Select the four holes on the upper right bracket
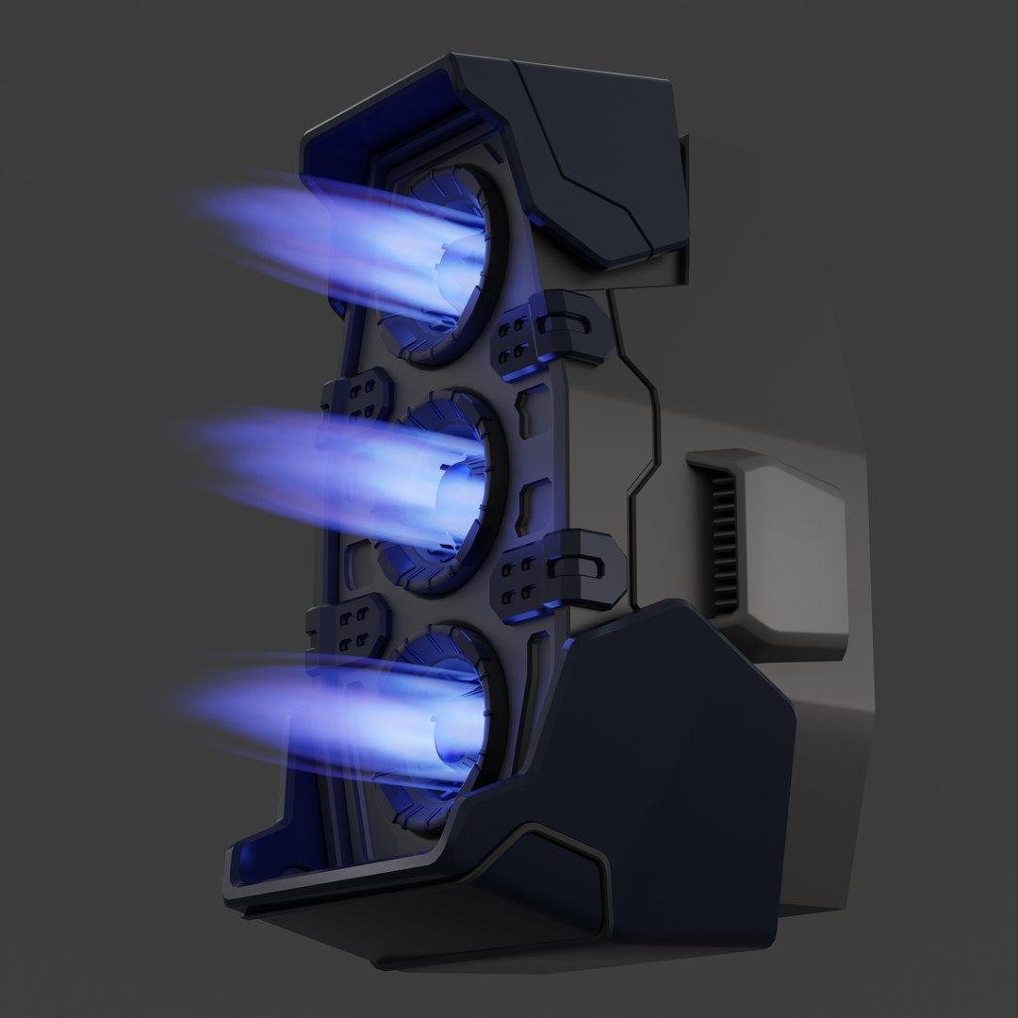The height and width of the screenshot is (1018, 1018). (x=515, y=337)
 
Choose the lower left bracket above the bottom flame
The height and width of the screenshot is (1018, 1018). (x=351, y=627)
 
